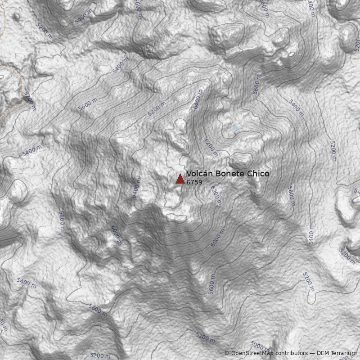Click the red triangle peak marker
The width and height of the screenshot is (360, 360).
(x=180, y=179)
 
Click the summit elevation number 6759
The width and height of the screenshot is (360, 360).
(x=194, y=182)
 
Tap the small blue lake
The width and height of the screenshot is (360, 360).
(x=235, y=128)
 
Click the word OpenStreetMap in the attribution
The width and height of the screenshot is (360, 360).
(x=252, y=353)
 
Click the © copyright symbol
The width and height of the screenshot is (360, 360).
(x=227, y=353)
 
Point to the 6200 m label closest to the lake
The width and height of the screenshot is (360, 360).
(x=211, y=148)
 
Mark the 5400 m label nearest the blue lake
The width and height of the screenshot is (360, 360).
(x=296, y=108)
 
